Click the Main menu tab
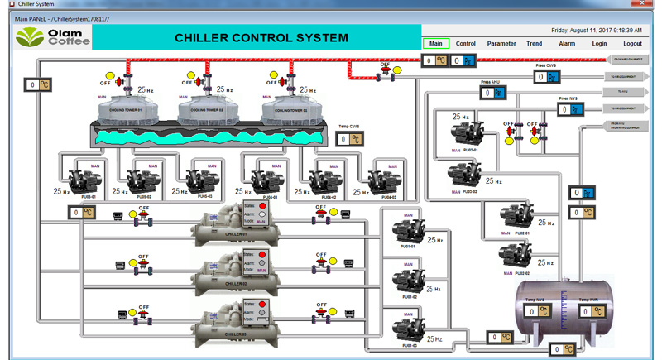click(x=435, y=44)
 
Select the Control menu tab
click(x=466, y=44)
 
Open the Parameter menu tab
click(x=501, y=44)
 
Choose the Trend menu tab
click(x=535, y=44)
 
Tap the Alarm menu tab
click(x=567, y=44)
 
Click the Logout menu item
click(x=632, y=44)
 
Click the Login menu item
click(x=599, y=44)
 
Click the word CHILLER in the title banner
click(x=204, y=38)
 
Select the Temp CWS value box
click(x=349, y=139)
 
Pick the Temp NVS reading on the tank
click(x=539, y=311)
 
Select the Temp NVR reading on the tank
click(x=590, y=312)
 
